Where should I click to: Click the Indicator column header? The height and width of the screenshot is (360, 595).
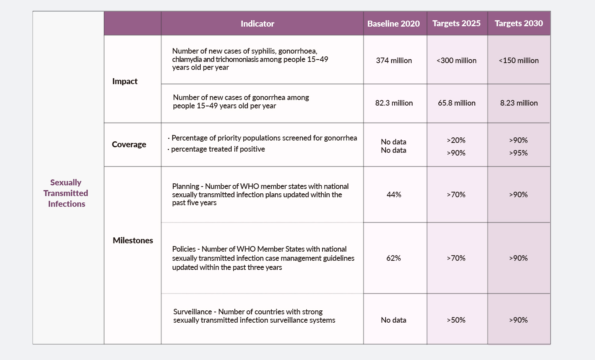pyautogui.click(x=257, y=24)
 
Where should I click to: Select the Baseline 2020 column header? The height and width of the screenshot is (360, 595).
pyautogui.click(x=393, y=24)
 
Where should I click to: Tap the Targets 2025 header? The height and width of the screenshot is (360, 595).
pyautogui.click(x=456, y=23)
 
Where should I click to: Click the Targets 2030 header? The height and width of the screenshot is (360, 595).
pyautogui.click(x=518, y=23)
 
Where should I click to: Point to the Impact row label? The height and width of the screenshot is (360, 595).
pyautogui.click(x=125, y=81)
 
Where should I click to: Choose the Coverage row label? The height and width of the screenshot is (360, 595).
pyautogui.click(x=129, y=144)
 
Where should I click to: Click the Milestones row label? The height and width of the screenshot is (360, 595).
pyautogui.click(x=133, y=241)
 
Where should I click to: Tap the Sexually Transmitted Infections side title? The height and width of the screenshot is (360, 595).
pyautogui.click(x=66, y=193)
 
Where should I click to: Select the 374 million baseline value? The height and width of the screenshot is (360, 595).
pyautogui.click(x=394, y=61)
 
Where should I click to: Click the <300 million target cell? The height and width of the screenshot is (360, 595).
pyautogui.click(x=456, y=61)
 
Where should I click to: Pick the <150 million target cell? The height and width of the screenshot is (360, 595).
pyautogui.click(x=518, y=61)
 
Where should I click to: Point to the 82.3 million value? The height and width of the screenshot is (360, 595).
pyautogui.click(x=394, y=103)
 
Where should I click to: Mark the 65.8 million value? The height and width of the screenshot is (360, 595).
pyautogui.click(x=457, y=103)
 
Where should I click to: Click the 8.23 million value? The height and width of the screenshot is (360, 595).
pyautogui.click(x=519, y=103)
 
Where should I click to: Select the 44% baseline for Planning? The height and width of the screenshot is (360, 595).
pyautogui.click(x=393, y=194)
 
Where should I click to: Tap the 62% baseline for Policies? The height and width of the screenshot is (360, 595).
pyautogui.click(x=393, y=258)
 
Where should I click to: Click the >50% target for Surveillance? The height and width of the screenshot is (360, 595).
pyautogui.click(x=456, y=320)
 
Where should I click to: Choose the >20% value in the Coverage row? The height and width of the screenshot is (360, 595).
pyautogui.click(x=456, y=141)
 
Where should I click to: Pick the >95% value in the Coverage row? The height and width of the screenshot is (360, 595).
pyautogui.click(x=518, y=153)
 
